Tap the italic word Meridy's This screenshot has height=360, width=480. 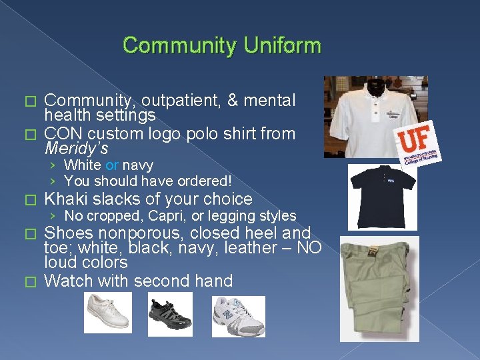[75, 148]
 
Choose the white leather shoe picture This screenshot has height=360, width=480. [107, 313]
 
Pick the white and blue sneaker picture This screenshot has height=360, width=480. [238, 315]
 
